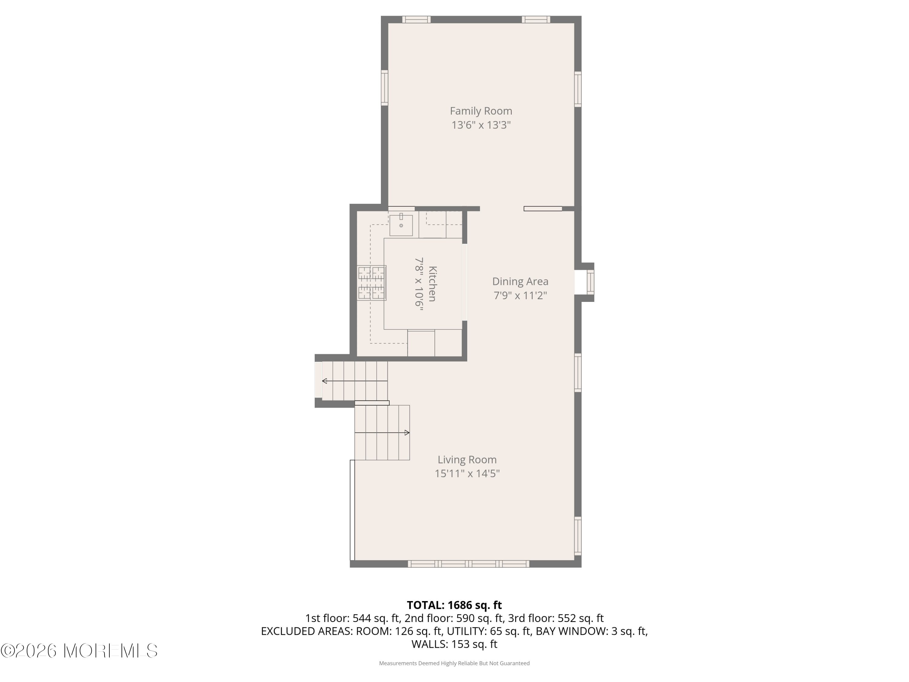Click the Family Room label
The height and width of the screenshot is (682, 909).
[481, 111]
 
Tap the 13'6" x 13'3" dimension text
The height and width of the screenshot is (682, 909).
[481, 125]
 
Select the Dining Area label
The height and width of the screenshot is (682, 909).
[520, 282]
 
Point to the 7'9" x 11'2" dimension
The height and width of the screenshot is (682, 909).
[520, 296]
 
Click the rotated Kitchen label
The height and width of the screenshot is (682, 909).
[432, 284]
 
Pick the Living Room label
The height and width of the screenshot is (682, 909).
[467, 460]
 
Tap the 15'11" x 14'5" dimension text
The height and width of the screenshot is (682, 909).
[467, 473]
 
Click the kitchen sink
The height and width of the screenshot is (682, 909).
[401, 225]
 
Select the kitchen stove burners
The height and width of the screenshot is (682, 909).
[371, 283]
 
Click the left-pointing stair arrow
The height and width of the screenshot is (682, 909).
[325, 381]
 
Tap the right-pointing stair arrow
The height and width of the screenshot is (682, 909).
[407, 433]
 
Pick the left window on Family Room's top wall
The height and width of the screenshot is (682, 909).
[416, 19]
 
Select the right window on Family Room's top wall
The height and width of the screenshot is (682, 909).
[536, 19]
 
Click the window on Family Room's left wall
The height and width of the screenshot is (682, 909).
[385, 88]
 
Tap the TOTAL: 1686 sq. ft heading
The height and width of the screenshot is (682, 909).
[454, 605]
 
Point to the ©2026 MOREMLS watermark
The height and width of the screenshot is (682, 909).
[79, 651]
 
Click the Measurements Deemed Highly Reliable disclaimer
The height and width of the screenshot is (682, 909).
[454, 663]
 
